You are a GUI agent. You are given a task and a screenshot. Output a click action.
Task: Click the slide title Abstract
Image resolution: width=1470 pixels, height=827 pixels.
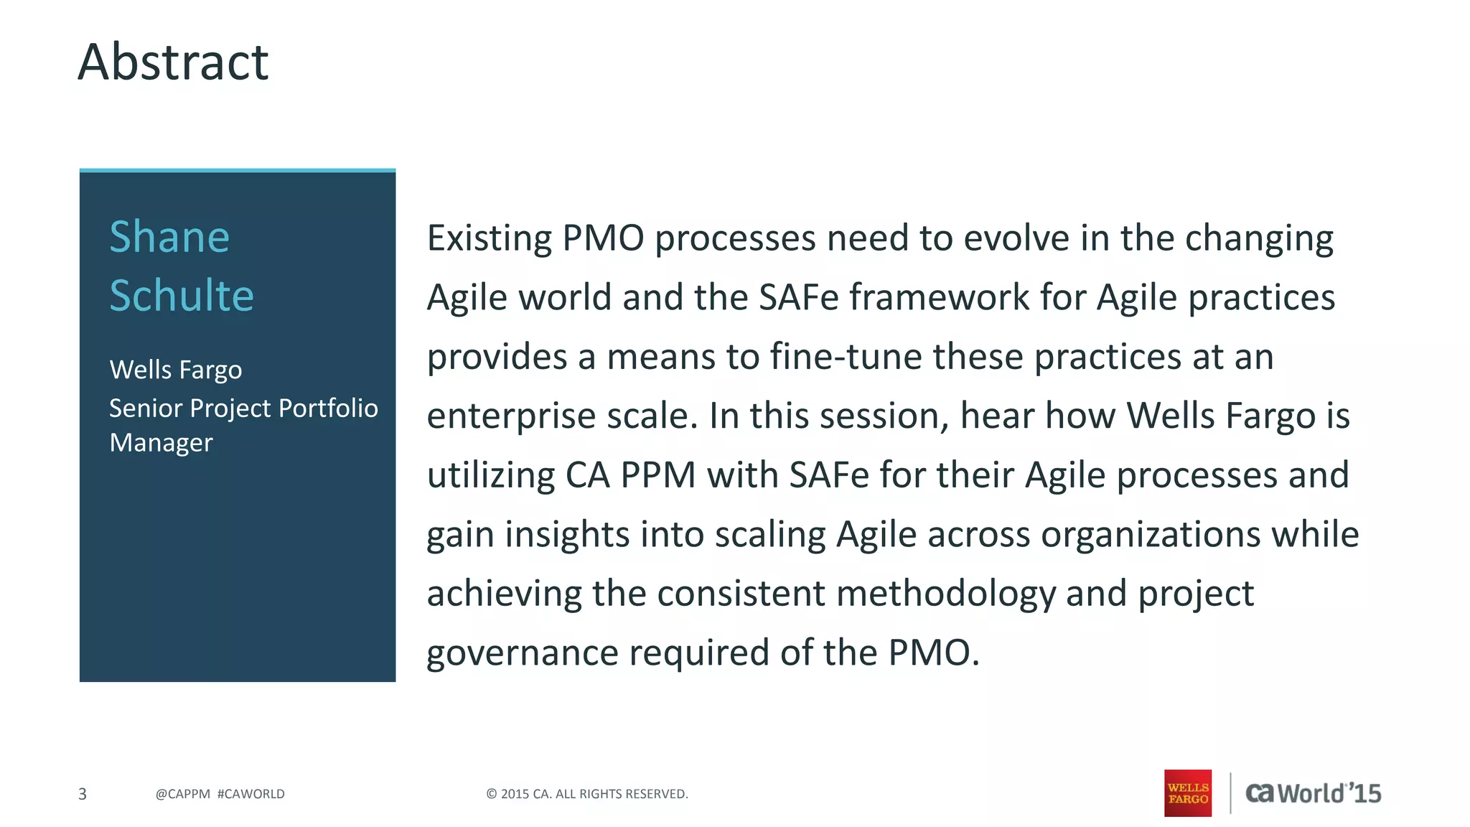coord(173,62)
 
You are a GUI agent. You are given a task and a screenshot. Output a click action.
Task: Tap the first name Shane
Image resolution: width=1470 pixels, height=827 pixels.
coord(169,237)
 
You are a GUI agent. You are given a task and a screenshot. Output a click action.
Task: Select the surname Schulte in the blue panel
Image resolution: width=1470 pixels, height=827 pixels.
coord(182,295)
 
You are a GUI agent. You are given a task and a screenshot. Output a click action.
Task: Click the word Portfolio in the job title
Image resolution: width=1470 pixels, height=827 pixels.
coord(328,408)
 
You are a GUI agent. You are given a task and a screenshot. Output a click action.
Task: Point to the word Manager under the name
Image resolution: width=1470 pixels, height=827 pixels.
coord(161,443)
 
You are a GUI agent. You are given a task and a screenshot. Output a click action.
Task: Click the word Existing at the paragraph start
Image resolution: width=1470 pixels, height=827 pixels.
coord(489,238)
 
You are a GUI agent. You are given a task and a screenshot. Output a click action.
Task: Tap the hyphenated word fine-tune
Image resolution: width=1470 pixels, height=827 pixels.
coord(846,357)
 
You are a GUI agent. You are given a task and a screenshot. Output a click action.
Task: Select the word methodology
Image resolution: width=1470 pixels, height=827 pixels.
coord(945,594)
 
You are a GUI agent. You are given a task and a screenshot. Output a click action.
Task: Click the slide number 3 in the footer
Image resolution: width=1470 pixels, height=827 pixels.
coord(83,794)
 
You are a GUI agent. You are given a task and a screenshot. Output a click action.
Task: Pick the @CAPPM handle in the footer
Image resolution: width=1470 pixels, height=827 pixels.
coord(182,794)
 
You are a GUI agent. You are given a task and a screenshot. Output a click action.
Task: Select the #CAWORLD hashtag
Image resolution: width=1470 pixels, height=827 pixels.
coord(251,794)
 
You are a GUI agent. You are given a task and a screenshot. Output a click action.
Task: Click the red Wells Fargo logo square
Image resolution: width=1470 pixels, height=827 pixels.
coord(1187,793)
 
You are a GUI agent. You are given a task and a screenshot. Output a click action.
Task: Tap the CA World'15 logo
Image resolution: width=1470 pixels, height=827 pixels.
coord(1313,793)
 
